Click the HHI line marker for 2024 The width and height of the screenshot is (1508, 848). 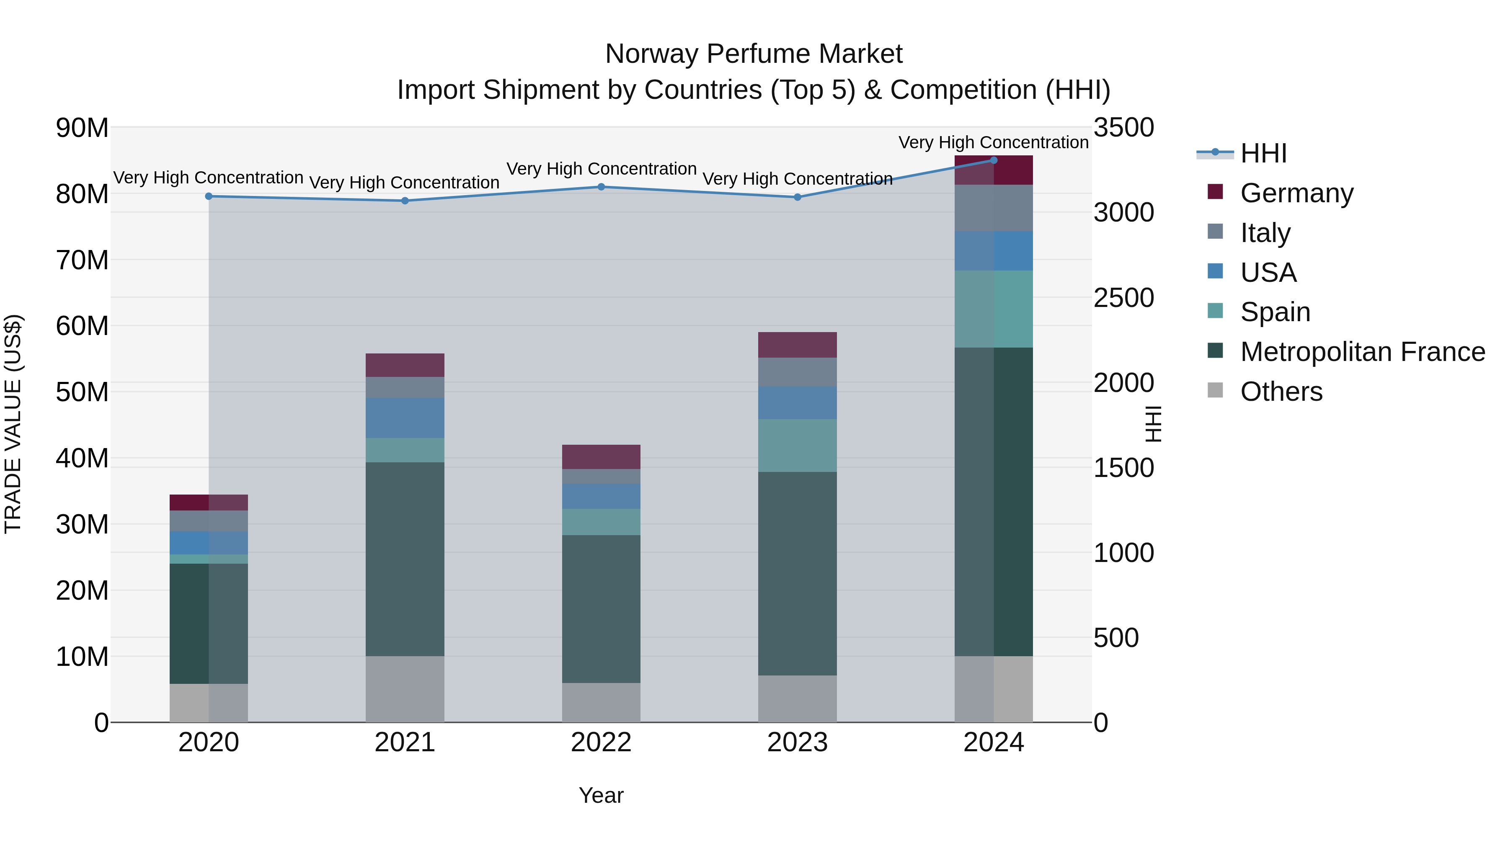[994, 160]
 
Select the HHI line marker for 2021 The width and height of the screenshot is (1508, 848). [405, 201]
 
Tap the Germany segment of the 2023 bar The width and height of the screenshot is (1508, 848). [797, 345]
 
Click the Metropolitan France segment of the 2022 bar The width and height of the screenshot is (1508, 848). [601, 608]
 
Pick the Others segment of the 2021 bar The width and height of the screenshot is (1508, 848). [405, 689]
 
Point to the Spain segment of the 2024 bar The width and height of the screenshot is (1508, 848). [994, 309]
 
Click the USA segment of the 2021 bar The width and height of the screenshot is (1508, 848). [405, 418]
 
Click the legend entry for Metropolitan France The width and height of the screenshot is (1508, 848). [1362, 352]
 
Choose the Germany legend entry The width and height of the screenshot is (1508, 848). [1296, 193]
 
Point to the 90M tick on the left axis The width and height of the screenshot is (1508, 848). [82, 128]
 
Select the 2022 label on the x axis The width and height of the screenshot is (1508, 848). [601, 742]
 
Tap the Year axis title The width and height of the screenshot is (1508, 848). [601, 795]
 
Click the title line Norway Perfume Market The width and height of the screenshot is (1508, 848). [754, 54]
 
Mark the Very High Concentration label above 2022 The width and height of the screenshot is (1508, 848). [601, 168]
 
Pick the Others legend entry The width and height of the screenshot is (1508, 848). [1281, 392]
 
